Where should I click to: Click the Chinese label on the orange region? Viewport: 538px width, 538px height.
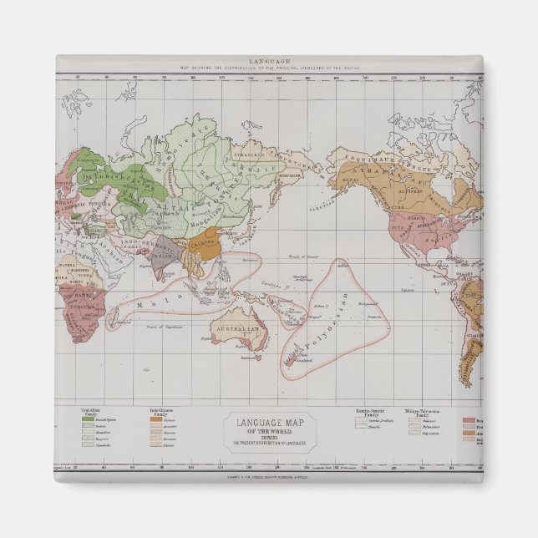(x=201, y=246)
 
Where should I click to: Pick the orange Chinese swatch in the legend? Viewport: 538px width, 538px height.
(x=155, y=422)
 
